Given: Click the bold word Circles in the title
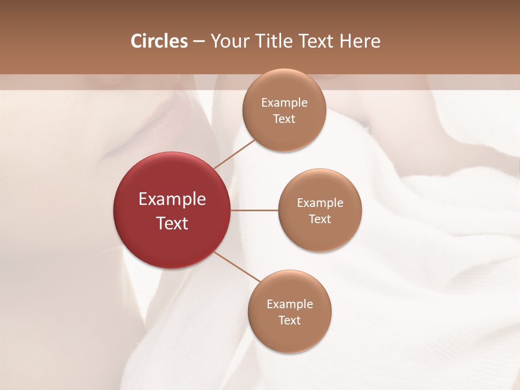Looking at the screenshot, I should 159,41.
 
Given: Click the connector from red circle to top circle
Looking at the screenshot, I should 234,153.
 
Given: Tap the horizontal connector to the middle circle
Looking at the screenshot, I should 255,210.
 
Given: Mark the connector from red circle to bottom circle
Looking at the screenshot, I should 237,266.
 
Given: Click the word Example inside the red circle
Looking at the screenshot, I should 172,199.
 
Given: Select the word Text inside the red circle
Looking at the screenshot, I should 172,223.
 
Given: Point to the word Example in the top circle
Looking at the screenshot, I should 284,103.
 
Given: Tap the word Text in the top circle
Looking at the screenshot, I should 284,119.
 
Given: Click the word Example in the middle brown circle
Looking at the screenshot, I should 320,203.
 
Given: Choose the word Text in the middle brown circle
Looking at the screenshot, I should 320,219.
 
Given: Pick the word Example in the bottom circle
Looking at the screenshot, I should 290,304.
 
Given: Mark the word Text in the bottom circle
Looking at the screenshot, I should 290,320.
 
